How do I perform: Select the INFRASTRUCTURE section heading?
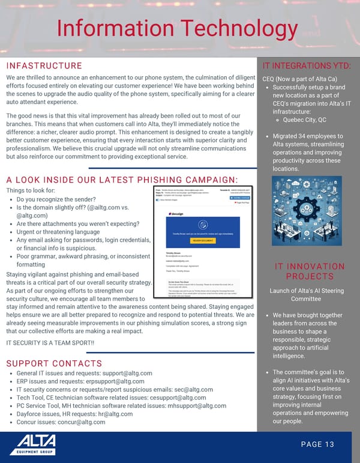[x=44, y=65]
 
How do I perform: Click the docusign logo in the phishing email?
[x=178, y=213]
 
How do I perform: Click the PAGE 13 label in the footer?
[x=317, y=444]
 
